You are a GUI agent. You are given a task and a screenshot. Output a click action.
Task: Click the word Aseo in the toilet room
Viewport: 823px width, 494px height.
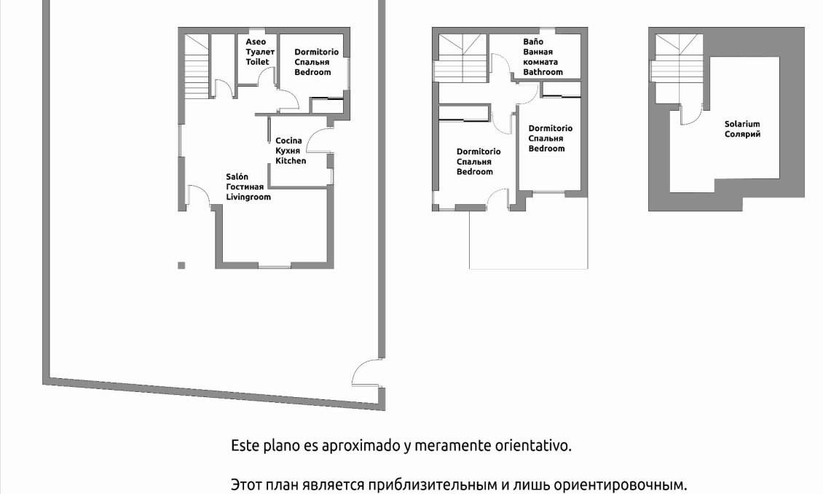pyautogui.click(x=256, y=42)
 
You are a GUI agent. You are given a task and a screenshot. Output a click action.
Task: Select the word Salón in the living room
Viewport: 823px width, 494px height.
pyautogui.click(x=237, y=177)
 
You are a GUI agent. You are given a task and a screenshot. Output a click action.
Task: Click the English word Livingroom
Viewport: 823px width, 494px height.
pyautogui.click(x=248, y=197)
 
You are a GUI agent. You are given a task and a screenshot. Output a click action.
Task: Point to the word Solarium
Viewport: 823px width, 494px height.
pyautogui.click(x=742, y=125)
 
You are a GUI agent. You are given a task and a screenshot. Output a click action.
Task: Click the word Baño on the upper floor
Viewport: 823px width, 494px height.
pyautogui.click(x=533, y=42)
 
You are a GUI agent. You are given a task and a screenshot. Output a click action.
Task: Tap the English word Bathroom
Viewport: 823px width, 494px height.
pyautogui.click(x=543, y=72)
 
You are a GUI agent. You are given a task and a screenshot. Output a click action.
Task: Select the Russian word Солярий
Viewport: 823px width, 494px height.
pyautogui.click(x=742, y=134)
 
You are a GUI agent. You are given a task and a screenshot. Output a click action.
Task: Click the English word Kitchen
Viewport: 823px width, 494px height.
pyautogui.click(x=291, y=160)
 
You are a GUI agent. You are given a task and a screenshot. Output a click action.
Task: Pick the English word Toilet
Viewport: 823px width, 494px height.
pyautogui.click(x=257, y=62)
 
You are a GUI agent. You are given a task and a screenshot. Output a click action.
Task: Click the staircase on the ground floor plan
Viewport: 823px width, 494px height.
pyautogui.click(x=195, y=69)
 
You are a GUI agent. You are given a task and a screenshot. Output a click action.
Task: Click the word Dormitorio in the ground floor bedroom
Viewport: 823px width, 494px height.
pyautogui.click(x=316, y=52)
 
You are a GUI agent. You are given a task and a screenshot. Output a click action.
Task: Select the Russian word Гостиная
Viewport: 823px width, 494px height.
pyautogui.click(x=245, y=187)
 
